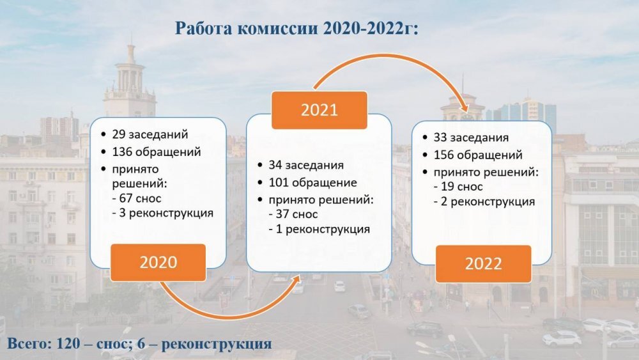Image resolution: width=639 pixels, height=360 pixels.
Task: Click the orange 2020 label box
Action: coord(158,263)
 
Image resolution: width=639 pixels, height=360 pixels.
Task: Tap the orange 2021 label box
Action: coord(319,110)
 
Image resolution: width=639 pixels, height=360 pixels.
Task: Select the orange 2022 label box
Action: coord(483,264)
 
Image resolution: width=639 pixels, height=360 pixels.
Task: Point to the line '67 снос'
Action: coord(137,199)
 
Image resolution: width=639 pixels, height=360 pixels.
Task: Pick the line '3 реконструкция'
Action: coord(162,213)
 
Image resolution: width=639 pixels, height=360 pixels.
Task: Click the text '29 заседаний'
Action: coord(150,134)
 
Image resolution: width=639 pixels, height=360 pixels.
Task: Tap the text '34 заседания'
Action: coord(306,165)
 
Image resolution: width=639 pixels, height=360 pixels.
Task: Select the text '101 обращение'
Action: coord(312,183)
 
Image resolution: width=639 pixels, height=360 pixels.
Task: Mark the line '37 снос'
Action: coord(293,214)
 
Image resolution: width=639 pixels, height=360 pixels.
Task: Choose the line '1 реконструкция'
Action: coord(319,229)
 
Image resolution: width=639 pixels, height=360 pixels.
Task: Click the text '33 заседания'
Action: coord(471,137)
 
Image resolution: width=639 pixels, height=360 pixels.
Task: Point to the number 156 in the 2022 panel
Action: coord(443,155)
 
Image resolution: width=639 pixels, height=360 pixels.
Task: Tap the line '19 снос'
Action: coord(458,187)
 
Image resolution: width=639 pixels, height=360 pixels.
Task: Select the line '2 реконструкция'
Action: coord(484,201)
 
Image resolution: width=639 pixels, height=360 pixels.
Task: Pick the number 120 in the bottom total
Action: coord(68,343)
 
